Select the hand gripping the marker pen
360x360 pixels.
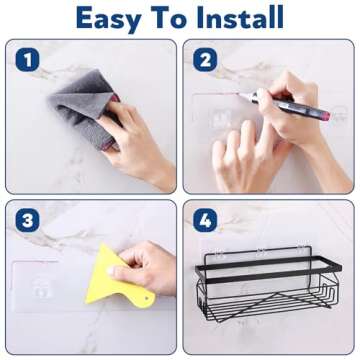(x=300, y=125)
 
